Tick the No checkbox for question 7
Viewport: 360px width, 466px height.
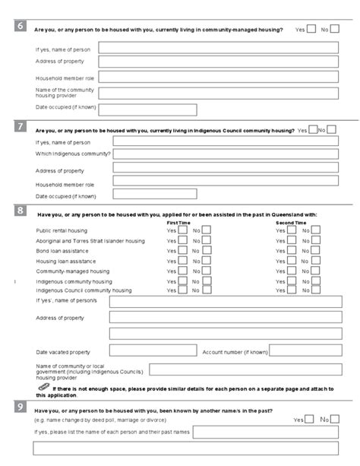point(332,129)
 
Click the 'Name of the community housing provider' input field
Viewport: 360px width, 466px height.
point(218,93)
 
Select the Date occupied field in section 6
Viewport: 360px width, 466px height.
point(147,108)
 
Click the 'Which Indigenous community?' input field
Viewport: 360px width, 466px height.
point(226,154)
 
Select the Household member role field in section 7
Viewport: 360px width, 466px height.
point(218,182)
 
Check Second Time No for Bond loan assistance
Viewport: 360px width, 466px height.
point(316,250)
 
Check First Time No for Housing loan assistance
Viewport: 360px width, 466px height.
point(207,260)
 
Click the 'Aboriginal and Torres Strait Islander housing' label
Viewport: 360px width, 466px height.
point(90,240)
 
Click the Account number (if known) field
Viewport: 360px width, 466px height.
point(304,352)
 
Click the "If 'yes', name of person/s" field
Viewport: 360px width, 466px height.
point(223,302)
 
